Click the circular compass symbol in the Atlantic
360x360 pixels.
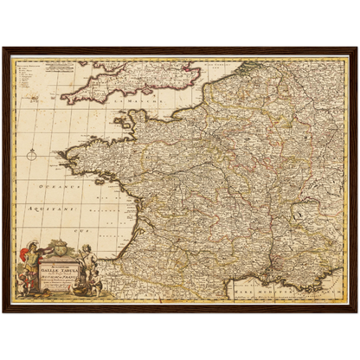32,156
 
